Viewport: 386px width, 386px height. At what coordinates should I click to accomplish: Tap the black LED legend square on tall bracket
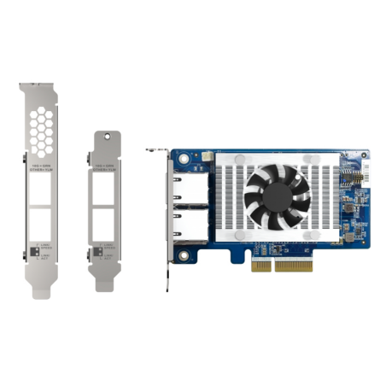pyautogui.click(x=34, y=253)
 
